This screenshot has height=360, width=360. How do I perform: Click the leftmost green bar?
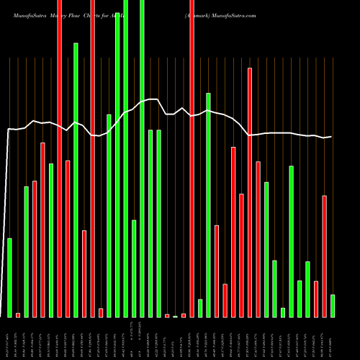point(9,277)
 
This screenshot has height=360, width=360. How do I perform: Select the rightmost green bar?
point(333,305)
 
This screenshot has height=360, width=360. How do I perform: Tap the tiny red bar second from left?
point(18,315)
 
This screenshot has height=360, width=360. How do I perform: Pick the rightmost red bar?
point(325,256)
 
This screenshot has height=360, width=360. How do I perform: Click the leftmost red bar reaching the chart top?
point(59,158)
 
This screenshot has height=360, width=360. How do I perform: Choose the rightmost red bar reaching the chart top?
point(192,158)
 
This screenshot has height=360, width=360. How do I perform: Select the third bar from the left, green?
point(26,251)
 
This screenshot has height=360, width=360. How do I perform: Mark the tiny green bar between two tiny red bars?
point(175,316)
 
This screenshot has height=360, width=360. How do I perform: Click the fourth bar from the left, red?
point(35,248)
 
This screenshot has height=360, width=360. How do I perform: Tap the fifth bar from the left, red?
point(42,230)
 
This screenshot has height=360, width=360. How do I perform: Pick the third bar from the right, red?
point(316,299)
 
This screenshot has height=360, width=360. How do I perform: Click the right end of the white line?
point(332,137)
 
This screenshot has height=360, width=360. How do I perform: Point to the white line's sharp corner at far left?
point(8,129)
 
